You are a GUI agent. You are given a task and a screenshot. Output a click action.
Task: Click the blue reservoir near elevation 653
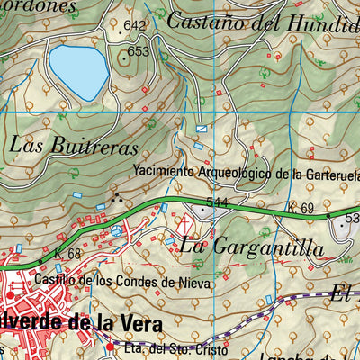pos(78,72)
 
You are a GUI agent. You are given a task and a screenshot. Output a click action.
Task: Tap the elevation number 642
pos(135,25)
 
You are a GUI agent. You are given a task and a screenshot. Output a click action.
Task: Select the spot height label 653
pos(138,52)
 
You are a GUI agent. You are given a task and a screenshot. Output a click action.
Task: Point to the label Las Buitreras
pos(74,146)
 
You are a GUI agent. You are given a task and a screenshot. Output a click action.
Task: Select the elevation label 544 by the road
pos(216,202)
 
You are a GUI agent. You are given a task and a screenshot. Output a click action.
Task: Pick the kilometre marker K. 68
pos(67,255)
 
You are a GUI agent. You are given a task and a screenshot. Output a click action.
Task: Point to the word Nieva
pos(195,282)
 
